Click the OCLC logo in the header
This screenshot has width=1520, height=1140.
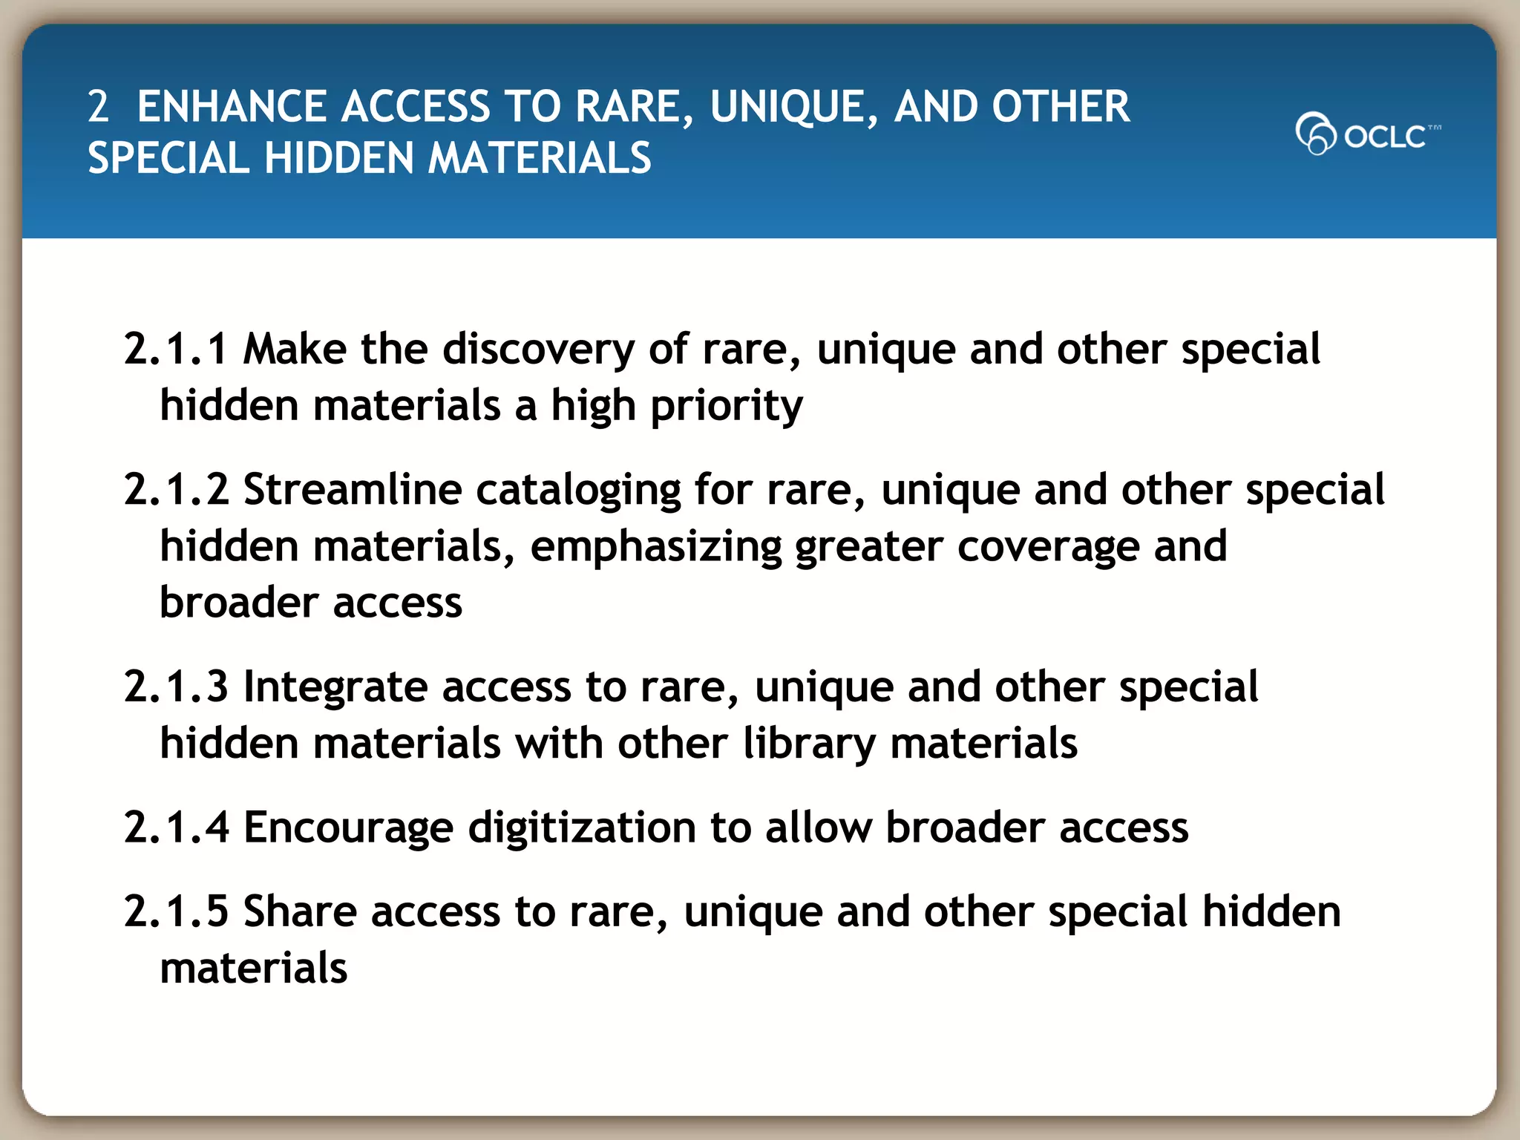(1367, 134)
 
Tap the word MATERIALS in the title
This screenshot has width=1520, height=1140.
(540, 159)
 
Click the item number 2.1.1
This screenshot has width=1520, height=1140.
(175, 349)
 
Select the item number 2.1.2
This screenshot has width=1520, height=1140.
(176, 490)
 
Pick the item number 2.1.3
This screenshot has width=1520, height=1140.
(176, 687)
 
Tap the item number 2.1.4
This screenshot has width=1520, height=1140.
(176, 828)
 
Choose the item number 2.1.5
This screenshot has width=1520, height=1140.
(176, 912)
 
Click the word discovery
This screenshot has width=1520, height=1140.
(538, 350)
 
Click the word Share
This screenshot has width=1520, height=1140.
(300, 912)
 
